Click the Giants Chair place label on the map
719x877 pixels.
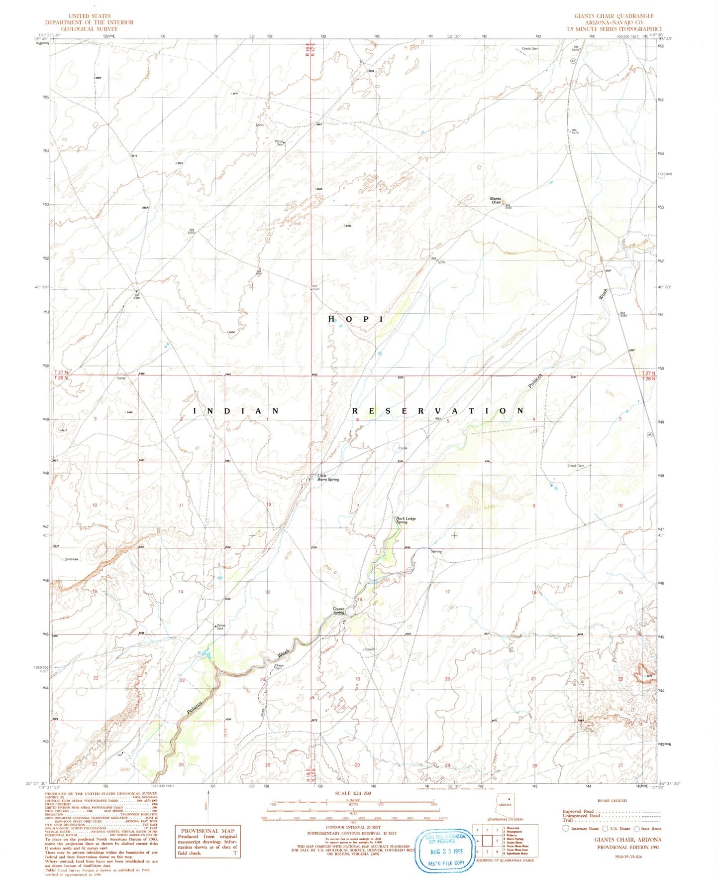(496, 200)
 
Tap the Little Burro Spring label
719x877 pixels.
(328, 478)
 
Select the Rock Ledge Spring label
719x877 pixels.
(406, 520)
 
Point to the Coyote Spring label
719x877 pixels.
(339, 610)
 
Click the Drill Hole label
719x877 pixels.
(72, 559)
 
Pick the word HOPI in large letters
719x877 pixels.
(356, 319)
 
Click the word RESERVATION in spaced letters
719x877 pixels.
(438, 411)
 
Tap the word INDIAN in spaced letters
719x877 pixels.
(236, 411)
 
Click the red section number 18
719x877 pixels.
(359, 599)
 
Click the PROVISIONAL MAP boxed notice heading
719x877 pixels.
(207, 831)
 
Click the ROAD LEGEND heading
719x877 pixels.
(612, 800)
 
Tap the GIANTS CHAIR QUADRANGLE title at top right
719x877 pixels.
(614, 16)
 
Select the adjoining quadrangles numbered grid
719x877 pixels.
(487, 841)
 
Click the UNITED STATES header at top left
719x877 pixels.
(90, 16)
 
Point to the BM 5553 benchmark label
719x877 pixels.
(191, 231)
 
